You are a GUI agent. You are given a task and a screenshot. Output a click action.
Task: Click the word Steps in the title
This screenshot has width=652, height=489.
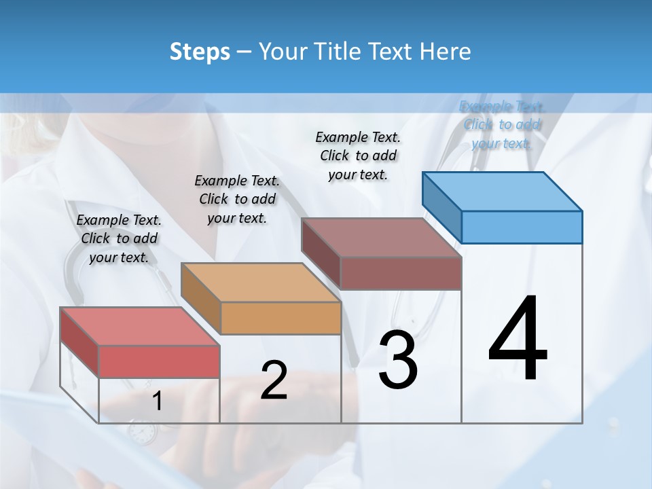(200, 52)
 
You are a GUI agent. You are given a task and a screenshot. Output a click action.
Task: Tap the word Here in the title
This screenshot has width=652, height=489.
(445, 52)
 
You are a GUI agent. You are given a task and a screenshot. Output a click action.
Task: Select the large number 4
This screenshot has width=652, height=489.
(518, 340)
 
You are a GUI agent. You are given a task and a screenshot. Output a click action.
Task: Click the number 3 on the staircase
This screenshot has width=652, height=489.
(398, 360)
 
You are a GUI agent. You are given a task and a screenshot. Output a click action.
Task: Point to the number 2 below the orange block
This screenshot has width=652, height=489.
(274, 380)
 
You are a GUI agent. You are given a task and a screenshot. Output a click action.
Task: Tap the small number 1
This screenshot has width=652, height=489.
(157, 401)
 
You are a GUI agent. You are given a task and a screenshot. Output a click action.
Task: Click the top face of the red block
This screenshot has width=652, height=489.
(139, 326)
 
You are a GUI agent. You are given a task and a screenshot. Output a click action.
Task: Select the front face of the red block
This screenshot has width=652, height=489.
(159, 361)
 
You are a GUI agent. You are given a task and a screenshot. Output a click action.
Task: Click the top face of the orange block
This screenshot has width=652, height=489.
(260, 282)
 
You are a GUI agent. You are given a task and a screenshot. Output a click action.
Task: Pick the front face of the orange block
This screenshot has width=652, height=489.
(280, 318)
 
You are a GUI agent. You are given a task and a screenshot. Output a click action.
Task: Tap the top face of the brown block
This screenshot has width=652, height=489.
(381, 238)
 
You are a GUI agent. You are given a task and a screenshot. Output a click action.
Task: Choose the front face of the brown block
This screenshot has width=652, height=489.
(401, 273)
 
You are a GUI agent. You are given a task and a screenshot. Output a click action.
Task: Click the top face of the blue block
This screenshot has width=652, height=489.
(502, 191)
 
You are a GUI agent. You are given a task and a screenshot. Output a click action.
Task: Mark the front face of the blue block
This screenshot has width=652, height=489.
(522, 227)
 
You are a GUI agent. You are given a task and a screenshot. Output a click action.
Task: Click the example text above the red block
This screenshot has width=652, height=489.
(119, 238)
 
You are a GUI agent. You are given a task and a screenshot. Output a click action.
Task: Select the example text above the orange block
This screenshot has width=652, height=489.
(237, 199)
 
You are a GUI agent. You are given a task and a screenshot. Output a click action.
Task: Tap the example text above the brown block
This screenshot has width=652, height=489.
(358, 156)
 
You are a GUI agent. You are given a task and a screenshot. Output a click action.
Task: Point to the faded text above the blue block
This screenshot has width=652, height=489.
(501, 124)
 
